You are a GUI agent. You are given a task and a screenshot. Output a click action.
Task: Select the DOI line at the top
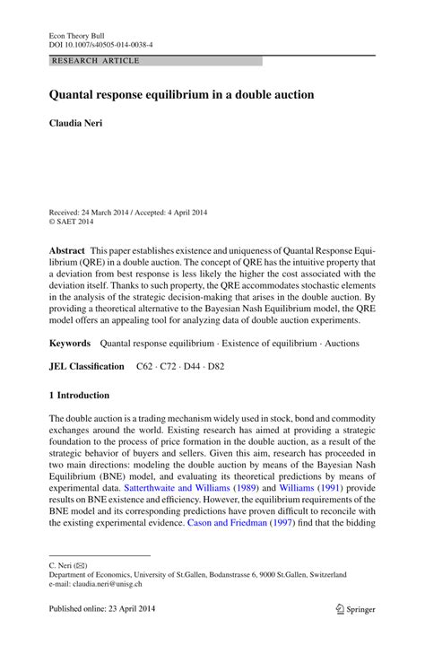click(100, 43)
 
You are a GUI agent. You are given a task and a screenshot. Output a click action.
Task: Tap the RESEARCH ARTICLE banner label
click(96, 61)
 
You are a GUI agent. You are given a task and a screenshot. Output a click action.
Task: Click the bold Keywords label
click(70, 343)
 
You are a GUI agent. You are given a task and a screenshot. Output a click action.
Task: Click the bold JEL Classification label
click(87, 367)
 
